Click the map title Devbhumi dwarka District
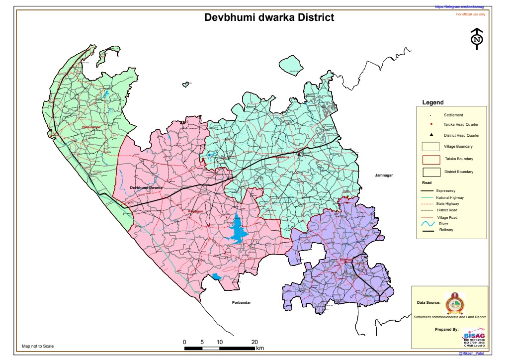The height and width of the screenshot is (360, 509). pos(269,18)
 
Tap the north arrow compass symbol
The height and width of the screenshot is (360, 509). pos(477,39)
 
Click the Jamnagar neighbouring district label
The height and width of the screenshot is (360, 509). pos(384,176)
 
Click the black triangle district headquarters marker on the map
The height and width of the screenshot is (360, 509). pos(299,154)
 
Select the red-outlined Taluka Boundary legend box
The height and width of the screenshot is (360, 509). pos(431,159)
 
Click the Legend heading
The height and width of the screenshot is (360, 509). pos(432,102)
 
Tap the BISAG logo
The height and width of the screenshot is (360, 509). pos(473,335)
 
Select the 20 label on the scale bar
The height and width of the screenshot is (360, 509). pos(254,342)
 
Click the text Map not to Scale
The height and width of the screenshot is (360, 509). pos(38,346)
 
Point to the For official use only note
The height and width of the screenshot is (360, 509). pos(471,14)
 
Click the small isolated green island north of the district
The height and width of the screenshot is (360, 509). pos(291,65)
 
